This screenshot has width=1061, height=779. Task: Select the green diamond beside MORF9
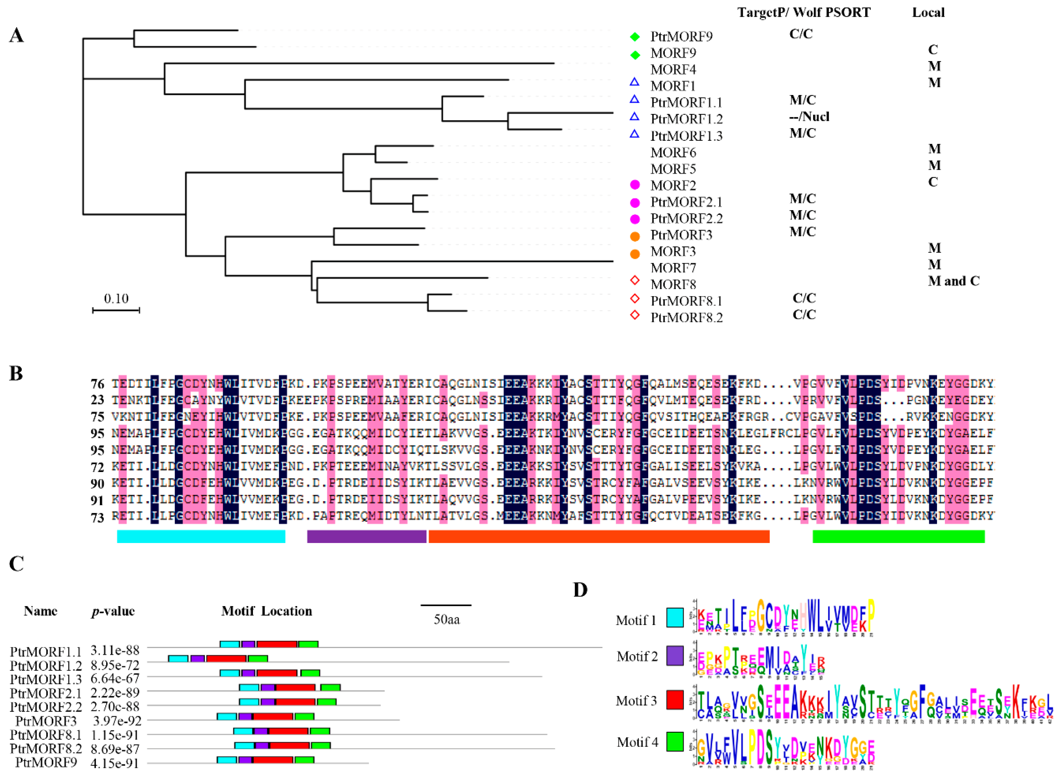[635, 55]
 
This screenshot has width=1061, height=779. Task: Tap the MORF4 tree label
[673, 70]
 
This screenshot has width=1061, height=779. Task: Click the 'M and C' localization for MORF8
[953, 281]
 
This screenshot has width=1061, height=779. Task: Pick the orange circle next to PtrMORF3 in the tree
[635, 236]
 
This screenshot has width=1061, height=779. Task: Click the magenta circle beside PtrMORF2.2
[635, 219]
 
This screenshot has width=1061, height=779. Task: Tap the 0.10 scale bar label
[116, 299]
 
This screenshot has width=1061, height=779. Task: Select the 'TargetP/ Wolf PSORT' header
[804, 13]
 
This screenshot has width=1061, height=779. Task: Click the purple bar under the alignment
[366, 536]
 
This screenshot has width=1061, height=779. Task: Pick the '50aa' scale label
[446, 619]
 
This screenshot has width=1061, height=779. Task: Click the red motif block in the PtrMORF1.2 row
[226, 658]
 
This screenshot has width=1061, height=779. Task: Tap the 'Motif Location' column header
[266, 611]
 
